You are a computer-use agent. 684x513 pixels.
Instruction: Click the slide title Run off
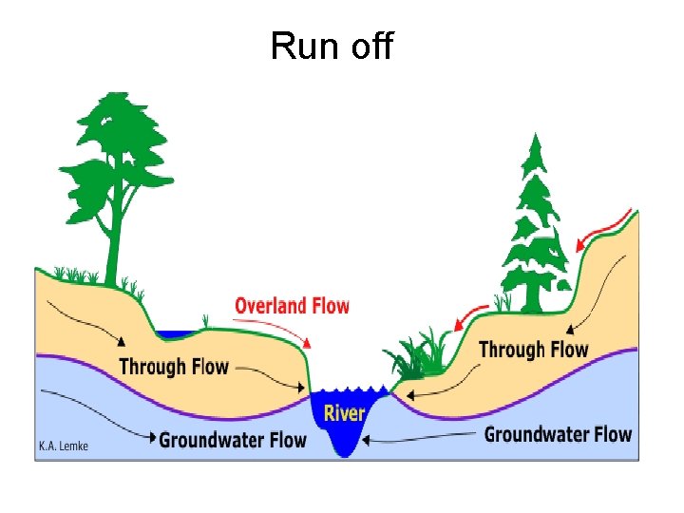point(332,45)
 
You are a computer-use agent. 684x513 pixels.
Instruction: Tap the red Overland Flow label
point(292,306)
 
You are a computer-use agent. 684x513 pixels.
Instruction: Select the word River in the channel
point(344,413)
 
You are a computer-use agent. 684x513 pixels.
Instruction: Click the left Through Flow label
point(174,367)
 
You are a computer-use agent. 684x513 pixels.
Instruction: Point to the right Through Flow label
point(533,350)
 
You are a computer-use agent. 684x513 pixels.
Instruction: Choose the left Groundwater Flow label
point(233,440)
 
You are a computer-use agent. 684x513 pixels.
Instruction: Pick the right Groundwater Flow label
point(558,434)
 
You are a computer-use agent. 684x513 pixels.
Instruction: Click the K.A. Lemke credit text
point(63,446)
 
